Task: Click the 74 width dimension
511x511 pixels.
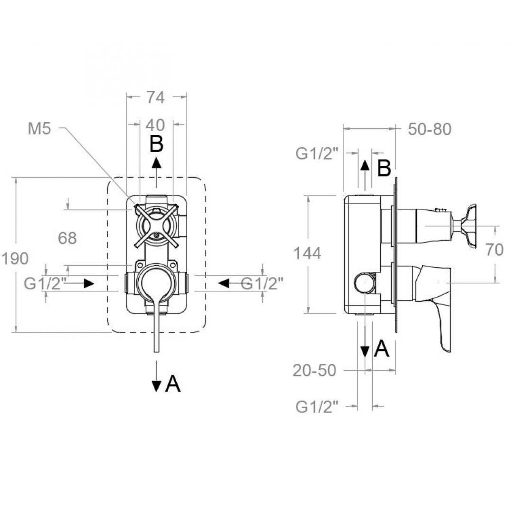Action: pyautogui.click(x=155, y=97)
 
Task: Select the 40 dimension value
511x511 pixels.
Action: pyautogui.click(x=155, y=125)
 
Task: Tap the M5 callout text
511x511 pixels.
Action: pyautogui.click(x=39, y=129)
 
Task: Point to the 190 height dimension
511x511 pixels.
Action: pyautogui.click(x=15, y=259)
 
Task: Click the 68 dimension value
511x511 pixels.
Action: pyautogui.click(x=67, y=238)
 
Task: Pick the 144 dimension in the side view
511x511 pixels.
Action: pyautogui.click(x=307, y=253)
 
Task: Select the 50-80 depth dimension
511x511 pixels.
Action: pyautogui.click(x=430, y=129)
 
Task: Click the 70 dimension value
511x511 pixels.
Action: pyautogui.click(x=494, y=250)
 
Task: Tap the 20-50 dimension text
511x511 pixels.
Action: pyautogui.click(x=314, y=370)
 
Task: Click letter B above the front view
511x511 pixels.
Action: pyautogui.click(x=156, y=144)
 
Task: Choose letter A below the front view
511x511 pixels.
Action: pyautogui.click(x=173, y=384)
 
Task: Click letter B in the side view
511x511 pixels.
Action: pyautogui.click(x=384, y=168)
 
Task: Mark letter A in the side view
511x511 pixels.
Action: pyautogui.click(x=382, y=349)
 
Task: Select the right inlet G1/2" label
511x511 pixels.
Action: pyautogui.click(x=262, y=284)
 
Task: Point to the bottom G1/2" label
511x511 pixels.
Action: pyautogui.click(x=317, y=407)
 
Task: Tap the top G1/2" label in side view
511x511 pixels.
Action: pyautogui.click(x=317, y=153)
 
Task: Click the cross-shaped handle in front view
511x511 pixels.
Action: pyautogui.click(x=156, y=226)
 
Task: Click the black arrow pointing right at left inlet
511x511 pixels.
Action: pyautogui.click(x=79, y=284)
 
